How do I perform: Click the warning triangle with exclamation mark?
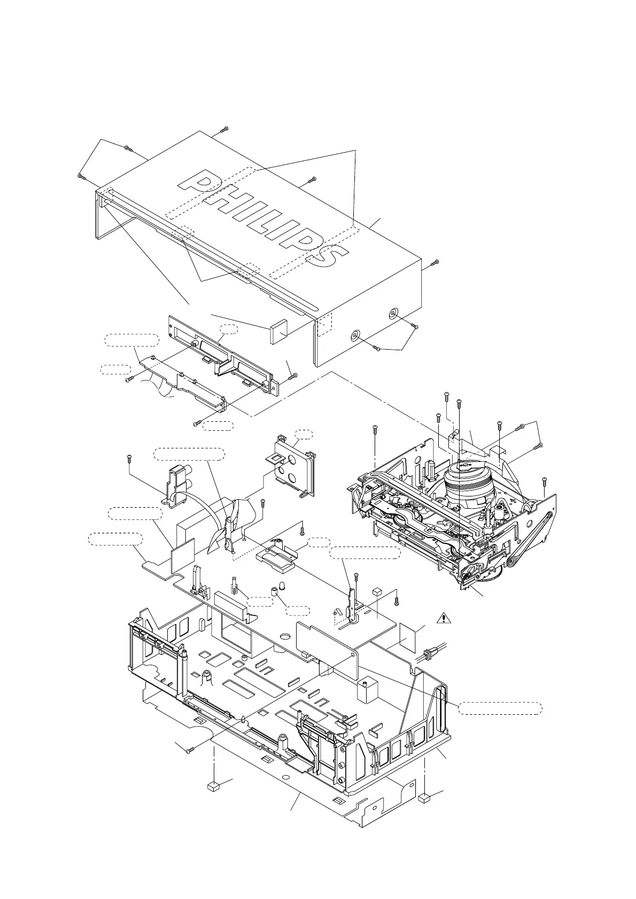[444, 619]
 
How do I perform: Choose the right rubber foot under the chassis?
[425, 799]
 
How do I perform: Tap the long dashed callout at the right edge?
[500, 707]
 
